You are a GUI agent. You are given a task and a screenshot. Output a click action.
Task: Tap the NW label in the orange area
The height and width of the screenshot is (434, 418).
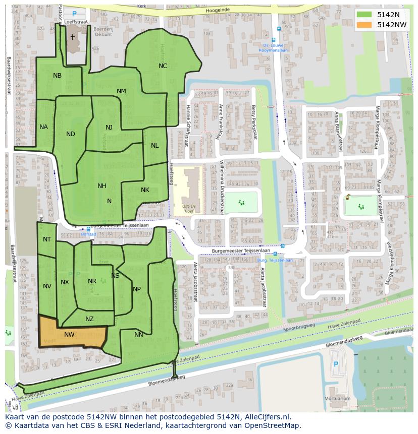pyautogui.click(x=69, y=334)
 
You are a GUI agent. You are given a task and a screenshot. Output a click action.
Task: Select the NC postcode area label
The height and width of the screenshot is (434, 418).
pyautogui.click(x=163, y=66)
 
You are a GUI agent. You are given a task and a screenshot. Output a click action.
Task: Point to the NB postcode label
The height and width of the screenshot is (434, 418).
pyautogui.click(x=57, y=76)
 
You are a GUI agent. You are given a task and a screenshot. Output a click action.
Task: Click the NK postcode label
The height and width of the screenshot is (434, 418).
pyautogui.click(x=145, y=190)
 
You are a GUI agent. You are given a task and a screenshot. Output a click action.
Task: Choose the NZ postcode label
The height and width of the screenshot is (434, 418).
pyautogui.click(x=89, y=319)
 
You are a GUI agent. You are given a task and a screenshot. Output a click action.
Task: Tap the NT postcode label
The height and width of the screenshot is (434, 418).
pyautogui.click(x=47, y=239)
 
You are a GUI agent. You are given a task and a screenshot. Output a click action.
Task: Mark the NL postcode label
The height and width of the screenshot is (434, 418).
pyautogui.click(x=154, y=146)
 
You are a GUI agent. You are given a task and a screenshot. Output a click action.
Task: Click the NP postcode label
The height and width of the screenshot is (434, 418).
pyautogui.click(x=137, y=289)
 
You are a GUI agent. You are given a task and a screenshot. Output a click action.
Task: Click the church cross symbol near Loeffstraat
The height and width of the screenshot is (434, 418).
pyautogui.click(x=72, y=37)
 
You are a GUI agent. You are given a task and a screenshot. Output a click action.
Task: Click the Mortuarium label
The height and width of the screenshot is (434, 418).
pyautogui.click(x=338, y=398)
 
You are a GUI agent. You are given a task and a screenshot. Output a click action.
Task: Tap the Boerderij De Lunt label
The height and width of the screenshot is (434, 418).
pyautogui.click(x=103, y=32)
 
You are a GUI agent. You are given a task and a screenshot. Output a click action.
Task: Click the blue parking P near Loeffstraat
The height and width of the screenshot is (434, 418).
pyautogui.click(x=75, y=14)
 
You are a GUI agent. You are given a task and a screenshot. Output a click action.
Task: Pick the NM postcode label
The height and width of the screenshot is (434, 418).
pyautogui.click(x=121, y=91)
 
